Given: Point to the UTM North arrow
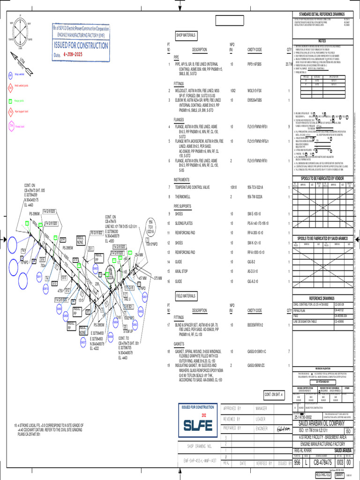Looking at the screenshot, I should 19,63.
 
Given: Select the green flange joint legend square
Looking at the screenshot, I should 11,100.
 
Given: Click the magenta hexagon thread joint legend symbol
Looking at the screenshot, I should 11,126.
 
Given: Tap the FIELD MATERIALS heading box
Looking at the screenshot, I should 187,296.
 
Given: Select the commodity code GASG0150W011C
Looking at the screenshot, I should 257,351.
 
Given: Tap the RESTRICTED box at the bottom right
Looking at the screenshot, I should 323,474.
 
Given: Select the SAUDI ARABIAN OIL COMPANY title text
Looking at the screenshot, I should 325,423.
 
